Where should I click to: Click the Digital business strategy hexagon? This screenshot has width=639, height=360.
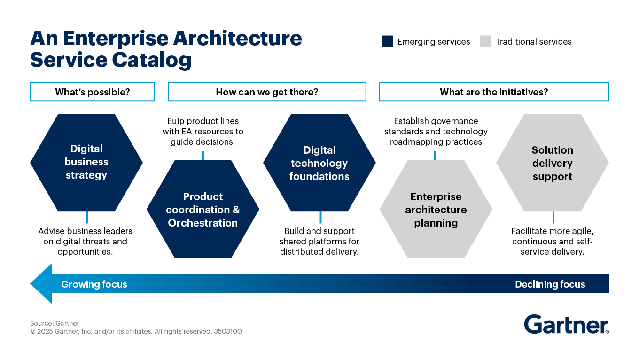click(86, 162)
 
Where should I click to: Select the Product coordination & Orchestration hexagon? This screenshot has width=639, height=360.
click(203, 209)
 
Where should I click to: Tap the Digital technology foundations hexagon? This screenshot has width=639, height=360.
click(319, 163)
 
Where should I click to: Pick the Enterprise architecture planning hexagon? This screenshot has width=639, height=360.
click(436, 209)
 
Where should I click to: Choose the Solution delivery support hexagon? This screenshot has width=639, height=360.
click(553, 163)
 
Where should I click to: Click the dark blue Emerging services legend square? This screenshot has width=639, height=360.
click(387, 41)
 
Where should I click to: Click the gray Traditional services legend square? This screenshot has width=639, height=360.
click(485, 41)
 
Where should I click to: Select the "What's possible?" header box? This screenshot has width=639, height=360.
click(93, 92)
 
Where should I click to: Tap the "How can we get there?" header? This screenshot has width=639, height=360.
click(267, 92)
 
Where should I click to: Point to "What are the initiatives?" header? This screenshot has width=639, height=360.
click(494, 92)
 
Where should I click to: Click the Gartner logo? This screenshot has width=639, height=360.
click(566, 324)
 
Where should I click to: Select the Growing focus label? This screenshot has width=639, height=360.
click(94, 284)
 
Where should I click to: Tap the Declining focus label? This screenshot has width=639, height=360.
click(550, 284)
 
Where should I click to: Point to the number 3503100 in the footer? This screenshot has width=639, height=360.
click(228, 331)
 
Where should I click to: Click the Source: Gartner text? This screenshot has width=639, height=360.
click(55, 323)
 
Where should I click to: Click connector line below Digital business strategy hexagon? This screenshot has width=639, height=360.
click(87, 217)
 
